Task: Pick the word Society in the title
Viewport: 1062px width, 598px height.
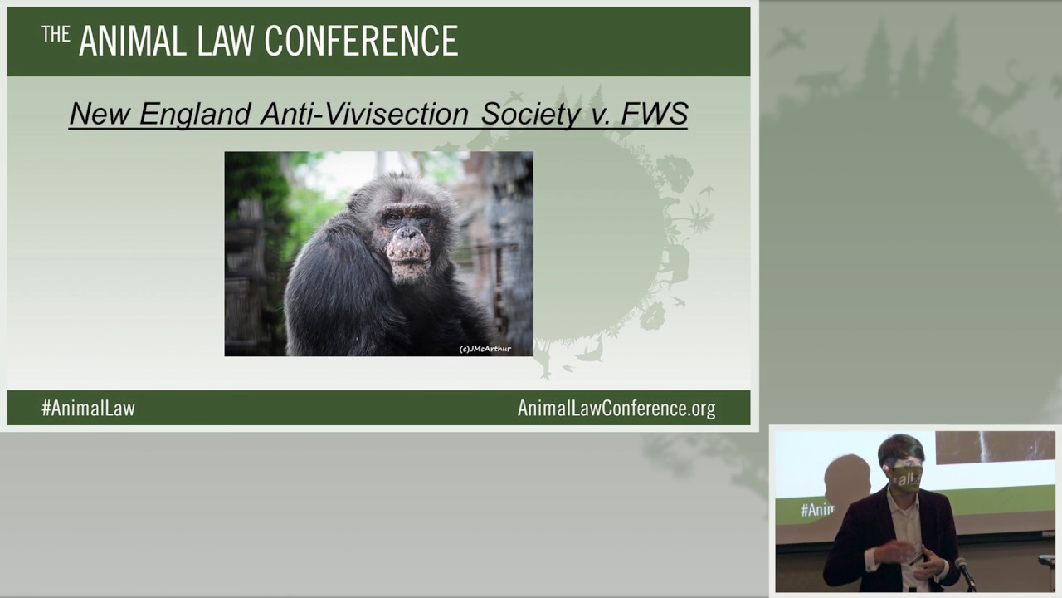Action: point(530,114)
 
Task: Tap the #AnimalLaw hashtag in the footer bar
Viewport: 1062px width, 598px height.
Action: point(88,408)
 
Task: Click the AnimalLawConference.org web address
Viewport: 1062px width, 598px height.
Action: point(616,408)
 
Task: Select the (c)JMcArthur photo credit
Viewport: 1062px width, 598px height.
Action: point(485,349)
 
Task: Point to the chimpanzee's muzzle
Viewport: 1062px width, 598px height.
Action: point(408,253)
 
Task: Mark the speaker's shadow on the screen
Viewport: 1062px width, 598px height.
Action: point(846,482)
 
